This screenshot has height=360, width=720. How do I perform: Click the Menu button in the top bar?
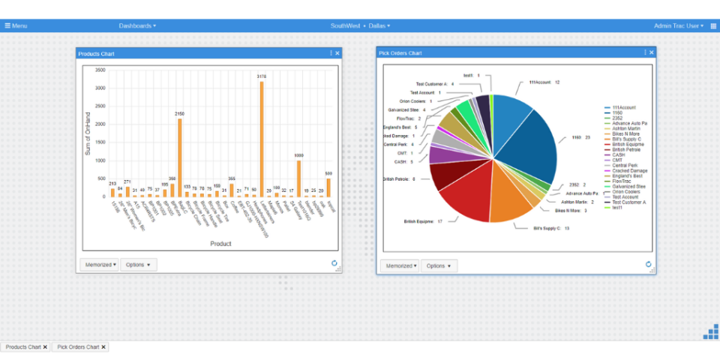tap(16, 25)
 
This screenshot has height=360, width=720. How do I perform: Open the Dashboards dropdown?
tap(137, 25)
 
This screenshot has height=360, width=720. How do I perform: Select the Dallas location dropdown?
tap(379, 25)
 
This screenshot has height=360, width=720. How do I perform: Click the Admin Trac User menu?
tap(678, 25)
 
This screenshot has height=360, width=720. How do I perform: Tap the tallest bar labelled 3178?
tap(262, 139)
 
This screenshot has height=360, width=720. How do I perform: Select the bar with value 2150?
tap(179, 157)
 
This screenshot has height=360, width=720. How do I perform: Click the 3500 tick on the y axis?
tap(100, 70)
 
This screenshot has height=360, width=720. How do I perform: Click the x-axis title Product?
tap(220, 244)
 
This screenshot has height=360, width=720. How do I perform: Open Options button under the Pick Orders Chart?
tap(439, 265)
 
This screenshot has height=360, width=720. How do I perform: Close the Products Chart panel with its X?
tap(337, 53)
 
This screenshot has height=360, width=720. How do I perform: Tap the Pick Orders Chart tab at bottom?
tap(79, 347)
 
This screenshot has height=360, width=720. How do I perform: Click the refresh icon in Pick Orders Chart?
tap(648, 264)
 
